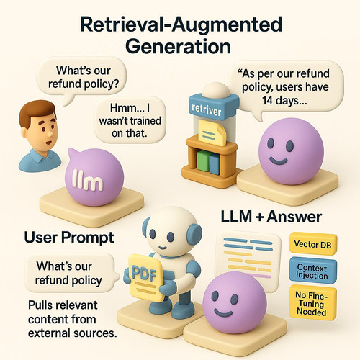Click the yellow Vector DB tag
coord(313,243)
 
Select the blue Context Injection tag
coord(312,270)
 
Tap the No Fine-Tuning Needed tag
coord(312,303)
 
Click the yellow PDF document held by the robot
coord(145,277)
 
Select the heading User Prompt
coord(69,238)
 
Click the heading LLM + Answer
coord(271,217)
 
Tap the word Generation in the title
coord(178,46)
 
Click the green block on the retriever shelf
coord(203,161)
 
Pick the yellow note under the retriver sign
coord(212,132)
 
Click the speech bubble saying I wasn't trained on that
coord(130,120)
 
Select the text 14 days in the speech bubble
coord(284,100)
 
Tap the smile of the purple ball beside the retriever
coord(279,161)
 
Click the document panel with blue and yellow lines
coord(247,257)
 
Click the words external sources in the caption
coord(73,333)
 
